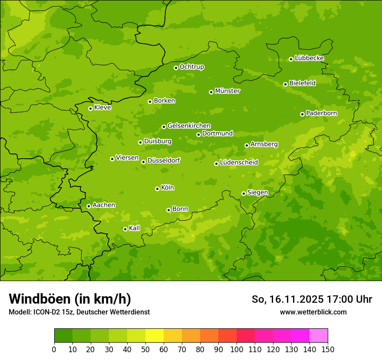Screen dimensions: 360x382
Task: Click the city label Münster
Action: pyautogui.click(x=227, y=91)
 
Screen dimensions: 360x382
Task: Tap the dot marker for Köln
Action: pyautogui.click(x=157, y=189)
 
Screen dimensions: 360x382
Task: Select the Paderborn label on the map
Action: pyautogui.click(x=322, y=113)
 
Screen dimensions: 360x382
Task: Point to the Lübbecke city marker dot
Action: pyautogui.click(x=291, y=59)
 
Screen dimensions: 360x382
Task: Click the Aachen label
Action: pyautogui.click(x=104, y=205)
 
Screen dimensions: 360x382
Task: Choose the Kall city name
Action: pyautogui.click(x=135, y=228)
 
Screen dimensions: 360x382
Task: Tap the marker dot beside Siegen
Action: pyautogui.click(x=244, y=193)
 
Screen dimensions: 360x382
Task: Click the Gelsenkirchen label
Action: pyautogui.click(x=189, y=126)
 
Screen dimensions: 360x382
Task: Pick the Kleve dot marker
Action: pyautogui.click(x=90, y=108)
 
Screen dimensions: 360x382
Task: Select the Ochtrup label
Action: pyautogui.click(x=192, y=67)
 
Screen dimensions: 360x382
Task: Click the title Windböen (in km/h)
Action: pyautogui.click(x=70, y=299)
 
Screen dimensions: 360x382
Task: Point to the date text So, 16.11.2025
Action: pyautogui.click(x=287, y=299)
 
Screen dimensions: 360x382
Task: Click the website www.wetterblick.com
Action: pyautogui.click(x=313, y=312)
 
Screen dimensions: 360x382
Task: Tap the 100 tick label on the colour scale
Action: pyautogui.click(x=237, y=349)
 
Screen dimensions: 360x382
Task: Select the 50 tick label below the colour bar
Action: pyautogui.click(x=145, y=349)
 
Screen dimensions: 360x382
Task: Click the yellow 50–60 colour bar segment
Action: pyautogui.click(x=155, y=336)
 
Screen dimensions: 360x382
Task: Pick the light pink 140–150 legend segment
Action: pyautogui.click(x=319, y=336)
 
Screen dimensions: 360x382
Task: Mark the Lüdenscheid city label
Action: pyautogui.click(x=239, y=163)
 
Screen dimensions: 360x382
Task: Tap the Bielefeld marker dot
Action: pyautogui.click(x=285, y=84)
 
